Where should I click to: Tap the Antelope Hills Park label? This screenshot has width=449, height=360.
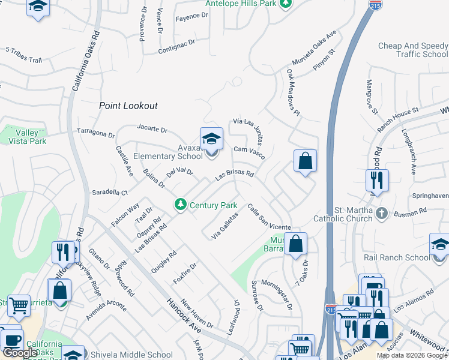(241, 4)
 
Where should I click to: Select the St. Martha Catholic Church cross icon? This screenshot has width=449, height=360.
(381, 212)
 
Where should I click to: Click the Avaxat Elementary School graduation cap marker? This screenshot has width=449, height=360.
(211, 140)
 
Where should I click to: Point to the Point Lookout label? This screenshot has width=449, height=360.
(128, 106)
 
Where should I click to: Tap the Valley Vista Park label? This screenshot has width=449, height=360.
(27, 137)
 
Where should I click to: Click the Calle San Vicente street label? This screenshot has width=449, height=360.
(269, 217)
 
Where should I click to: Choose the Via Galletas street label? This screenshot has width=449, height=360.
(225, 226)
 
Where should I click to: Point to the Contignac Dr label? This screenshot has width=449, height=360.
(177, 47)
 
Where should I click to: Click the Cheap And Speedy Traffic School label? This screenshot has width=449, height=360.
(413, 50)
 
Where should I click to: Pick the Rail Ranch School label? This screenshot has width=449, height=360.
(397, 257)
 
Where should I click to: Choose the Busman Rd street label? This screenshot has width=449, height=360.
(414, 211)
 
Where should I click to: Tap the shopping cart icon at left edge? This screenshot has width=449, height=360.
(19, 305)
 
